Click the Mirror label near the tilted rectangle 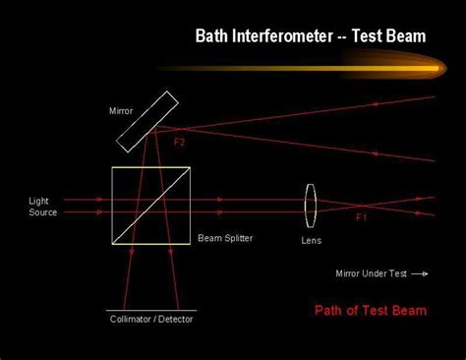(x=120, y=111)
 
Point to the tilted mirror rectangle (x=147, y=121)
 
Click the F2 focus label (x=179, y=142)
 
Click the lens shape (x=311, y=205)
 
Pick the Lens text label (x=311, y=240)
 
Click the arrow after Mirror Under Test (x=420, y=273)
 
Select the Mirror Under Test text (x=370, y=273)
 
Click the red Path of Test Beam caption (x=371, y=312)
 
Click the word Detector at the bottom (x=176, y=320)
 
